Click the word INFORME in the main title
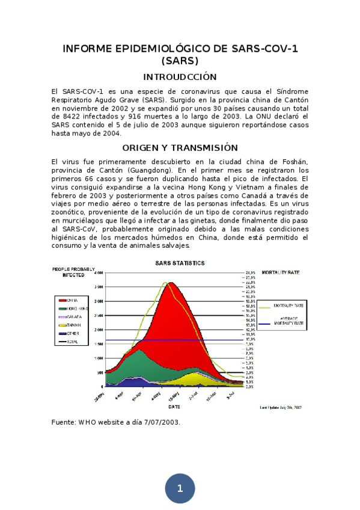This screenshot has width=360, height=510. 89,49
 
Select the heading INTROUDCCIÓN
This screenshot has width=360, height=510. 180,77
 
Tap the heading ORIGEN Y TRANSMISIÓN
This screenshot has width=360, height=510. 180,147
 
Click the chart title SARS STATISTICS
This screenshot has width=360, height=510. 180,263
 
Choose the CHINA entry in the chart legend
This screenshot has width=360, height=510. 72,300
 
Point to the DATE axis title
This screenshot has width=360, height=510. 174,407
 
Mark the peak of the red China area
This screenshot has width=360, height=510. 171,283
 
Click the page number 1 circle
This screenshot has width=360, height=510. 180,488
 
